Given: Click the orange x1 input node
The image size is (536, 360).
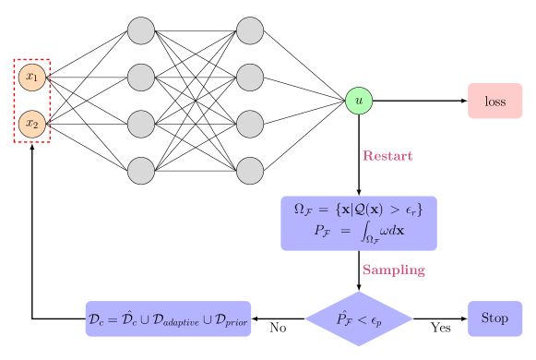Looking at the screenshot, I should click(x=32, y=77).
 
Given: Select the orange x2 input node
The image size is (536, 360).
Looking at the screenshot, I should click(x=32, y=124).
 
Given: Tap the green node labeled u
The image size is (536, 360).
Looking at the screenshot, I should click(x=359, y=101).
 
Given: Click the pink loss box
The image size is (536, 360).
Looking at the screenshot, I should click(x=495, y=101).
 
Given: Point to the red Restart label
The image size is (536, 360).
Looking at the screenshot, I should click(x=387, y=156).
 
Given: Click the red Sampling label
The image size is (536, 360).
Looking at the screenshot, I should click(x=393, y=270).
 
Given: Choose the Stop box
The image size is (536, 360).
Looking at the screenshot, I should click(x=494, y=318).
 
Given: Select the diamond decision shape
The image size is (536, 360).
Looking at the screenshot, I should click(x=359, y=318).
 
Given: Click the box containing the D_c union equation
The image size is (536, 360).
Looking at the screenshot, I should click(x=168, y=318).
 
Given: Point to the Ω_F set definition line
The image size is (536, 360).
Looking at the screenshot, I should click(x=359, y=209).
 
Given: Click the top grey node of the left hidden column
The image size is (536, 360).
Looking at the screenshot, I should click(x=141, y=30).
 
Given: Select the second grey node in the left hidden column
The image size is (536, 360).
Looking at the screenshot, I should click(x=141, y=77).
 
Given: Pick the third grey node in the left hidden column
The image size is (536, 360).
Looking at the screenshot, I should click(x=141, y=124).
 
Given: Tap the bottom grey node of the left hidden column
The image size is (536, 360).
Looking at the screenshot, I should click(x=141, y=171).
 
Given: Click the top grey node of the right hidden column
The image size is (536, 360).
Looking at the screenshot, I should click(x=250, y=30).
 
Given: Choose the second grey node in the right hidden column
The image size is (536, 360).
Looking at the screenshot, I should click(x=250, y=77).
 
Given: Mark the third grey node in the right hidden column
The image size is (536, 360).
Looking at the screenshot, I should click(x=250, y=124).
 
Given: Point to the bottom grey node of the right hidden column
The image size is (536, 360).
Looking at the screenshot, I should click(x=250, y=171).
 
